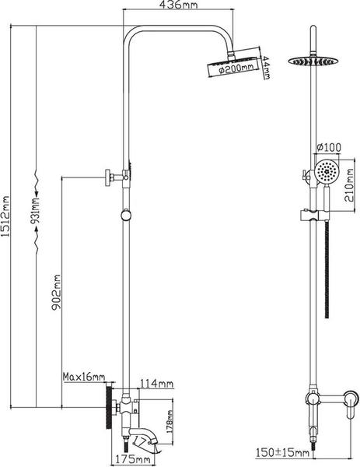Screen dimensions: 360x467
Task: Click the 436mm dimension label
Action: coord(178,5)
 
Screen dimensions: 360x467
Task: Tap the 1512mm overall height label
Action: coord(5,216)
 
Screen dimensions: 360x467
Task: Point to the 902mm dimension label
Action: coord(56,293)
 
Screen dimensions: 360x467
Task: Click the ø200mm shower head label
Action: coord(236,69)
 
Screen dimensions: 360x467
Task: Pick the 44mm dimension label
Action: coord(266,68)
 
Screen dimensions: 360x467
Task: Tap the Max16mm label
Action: coord(84,377)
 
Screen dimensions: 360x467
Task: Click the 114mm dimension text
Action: coord(157,383)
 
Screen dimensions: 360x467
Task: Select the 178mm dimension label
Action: coord(170,421)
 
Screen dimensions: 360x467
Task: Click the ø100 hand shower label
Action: coord(329,147)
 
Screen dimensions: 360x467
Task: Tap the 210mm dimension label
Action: coord(349,185)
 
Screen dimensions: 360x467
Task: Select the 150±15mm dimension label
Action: coord(283,453)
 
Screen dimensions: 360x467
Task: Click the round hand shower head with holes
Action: coord(327,172)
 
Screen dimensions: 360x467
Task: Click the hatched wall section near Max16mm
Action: coord(109,406)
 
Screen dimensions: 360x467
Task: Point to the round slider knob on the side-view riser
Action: coord(126,215)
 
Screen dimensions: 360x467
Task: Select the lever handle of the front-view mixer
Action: coord(350,404)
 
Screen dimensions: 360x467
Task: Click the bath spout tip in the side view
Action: coord(155,440)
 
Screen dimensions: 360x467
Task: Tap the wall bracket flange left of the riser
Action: coord(108,177)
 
